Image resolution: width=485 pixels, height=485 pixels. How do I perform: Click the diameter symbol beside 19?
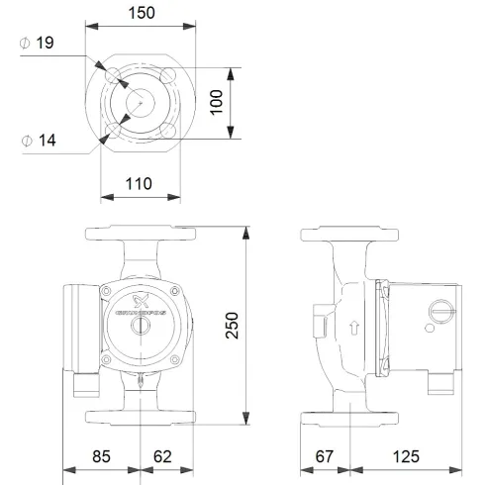coord(25,44)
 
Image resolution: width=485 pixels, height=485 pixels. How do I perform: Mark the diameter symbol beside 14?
coord(25,142)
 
